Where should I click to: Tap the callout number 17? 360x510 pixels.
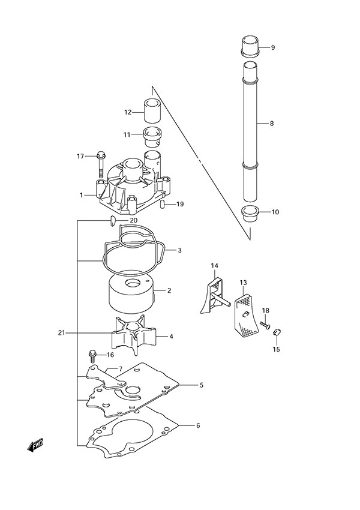pyautogui.click(x=80, y=157)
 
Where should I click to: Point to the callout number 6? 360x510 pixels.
pyautogui.click(x=199, y=425)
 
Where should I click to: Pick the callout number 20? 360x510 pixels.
pyautogui.click(x=133, y=221)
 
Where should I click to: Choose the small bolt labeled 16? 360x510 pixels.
pyautogui.click(x=92, y=356)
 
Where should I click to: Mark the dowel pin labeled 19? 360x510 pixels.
pyautogui.click(x=163, y=205)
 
